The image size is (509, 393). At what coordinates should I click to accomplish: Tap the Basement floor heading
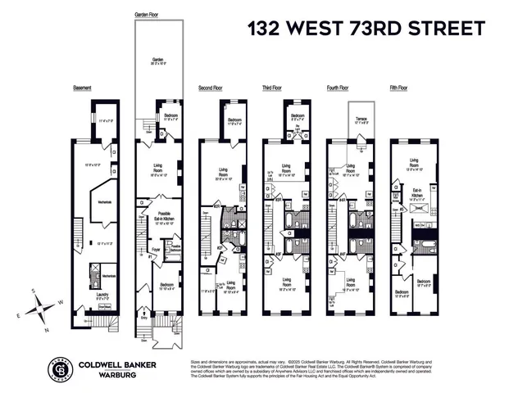coord(82,88)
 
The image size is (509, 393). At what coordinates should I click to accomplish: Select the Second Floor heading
coord(211,88)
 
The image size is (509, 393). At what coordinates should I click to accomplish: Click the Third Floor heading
coord(273,88)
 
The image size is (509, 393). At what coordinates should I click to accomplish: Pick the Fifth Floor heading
coord(402,88)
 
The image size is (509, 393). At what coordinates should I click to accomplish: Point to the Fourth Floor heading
coord(338,88)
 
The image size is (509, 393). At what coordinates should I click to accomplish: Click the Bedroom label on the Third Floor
coord(296,116)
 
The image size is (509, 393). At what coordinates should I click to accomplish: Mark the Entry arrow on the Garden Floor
coord(147,313)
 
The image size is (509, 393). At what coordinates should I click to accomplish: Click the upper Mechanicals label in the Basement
coord(105,201)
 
